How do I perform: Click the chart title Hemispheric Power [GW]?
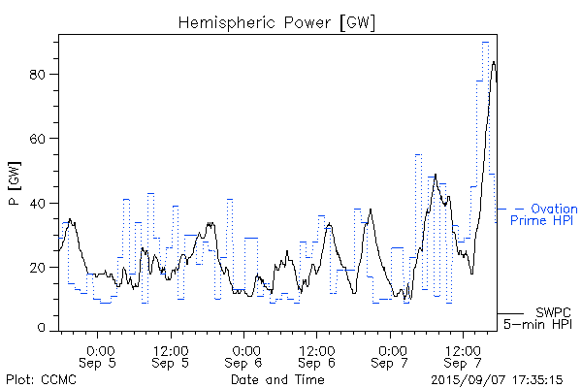(276, 21)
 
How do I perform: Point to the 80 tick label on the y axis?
(41, 74)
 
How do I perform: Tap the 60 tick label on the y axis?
(41, 139)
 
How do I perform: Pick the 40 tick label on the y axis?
(41, 203)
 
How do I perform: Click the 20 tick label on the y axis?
(41, 268)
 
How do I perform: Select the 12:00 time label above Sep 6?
(317, 350)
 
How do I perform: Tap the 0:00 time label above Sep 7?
(393, 350)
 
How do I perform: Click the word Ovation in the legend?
(554, 209)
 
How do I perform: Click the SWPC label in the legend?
(554, 312)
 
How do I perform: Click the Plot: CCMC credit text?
(36, 379)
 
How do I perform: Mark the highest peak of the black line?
(494, 62)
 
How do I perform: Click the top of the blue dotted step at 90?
(485, 42)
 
